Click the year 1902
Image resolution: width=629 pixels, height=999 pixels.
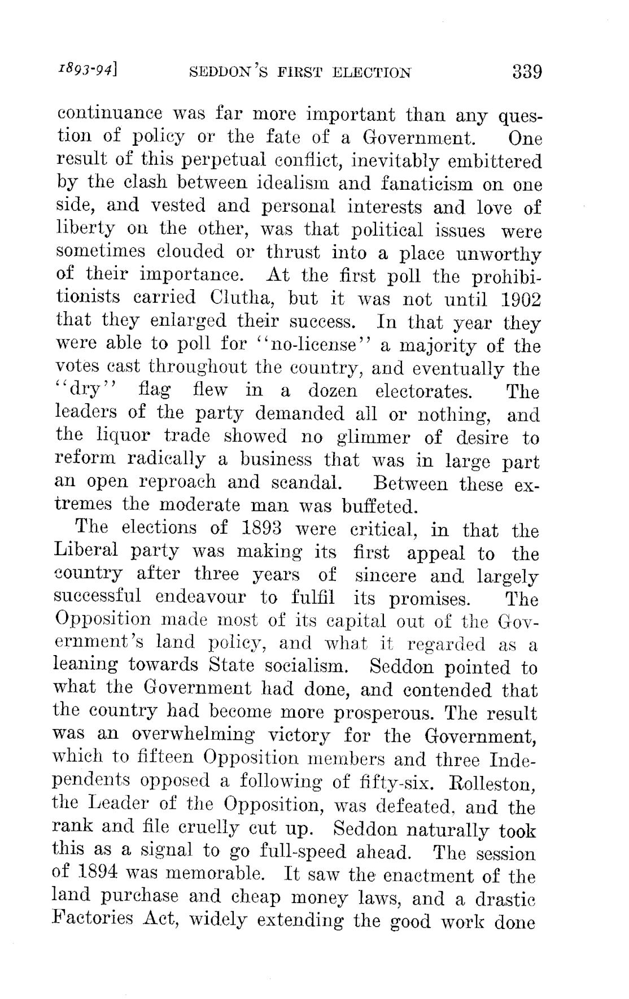(520, 299)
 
